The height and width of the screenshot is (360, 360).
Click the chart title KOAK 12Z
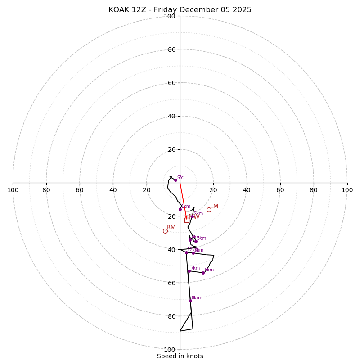tap(180, 10)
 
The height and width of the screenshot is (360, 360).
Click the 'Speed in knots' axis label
tap(180, 356)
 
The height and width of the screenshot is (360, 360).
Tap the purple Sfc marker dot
tap(175, 180)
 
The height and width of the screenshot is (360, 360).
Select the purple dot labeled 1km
tap(180, 209)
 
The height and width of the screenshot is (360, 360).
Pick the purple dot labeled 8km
tap(190, 301)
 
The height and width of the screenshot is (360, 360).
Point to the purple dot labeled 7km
tap(189, 271)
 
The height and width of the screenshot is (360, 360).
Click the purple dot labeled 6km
tap(203, 273)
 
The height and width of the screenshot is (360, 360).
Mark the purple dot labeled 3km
tap(196, 241)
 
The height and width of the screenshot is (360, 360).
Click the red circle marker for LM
tap(209, 210)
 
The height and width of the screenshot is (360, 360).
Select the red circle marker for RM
tap(165, 231)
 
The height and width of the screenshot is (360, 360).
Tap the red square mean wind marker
tap(187, 220)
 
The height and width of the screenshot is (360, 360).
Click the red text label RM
tap(171, 227)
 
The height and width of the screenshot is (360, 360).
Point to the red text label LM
tap(214, 206)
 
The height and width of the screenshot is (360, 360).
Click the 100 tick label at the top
tap(170, 16)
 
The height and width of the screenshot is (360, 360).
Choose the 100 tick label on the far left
tap(13, 190)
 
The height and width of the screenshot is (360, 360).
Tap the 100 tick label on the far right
tap(347, 190)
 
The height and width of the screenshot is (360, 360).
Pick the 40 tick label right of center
tap(247, 190)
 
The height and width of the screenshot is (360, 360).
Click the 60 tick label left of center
tap(80, 190)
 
